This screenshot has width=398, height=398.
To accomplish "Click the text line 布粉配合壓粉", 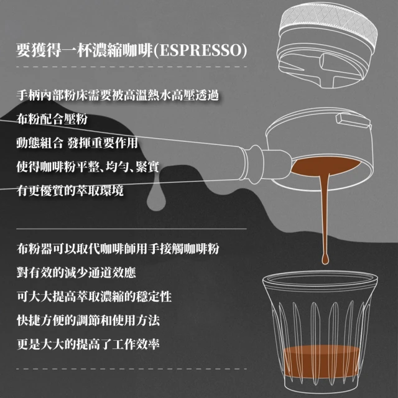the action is coord(52,119).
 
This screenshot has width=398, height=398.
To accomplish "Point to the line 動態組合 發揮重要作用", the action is coord(77,143).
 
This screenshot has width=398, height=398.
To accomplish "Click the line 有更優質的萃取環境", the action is coord(70,191).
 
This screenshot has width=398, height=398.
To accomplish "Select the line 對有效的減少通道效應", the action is coord(76,273).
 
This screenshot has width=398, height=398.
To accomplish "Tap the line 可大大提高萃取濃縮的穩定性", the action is coord(94,297).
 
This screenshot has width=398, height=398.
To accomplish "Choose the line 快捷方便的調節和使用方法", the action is coord(88,321).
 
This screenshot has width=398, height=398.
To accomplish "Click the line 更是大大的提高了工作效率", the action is coord(88,345).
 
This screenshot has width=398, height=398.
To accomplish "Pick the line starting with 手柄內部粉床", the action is coord(118,95).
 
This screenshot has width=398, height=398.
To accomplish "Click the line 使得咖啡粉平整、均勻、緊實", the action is coord(88,167).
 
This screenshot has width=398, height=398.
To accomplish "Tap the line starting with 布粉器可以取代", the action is coord(118,249).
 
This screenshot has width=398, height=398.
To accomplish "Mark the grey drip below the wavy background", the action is coord(157,200).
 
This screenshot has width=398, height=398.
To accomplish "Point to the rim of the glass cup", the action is coord(320,275).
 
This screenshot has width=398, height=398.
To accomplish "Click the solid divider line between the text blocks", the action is coord(131,229).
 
